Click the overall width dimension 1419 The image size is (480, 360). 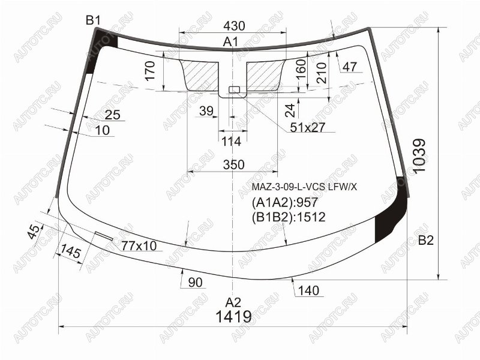click(x=233, y=317)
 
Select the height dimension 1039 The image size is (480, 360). click(x=419, y=156)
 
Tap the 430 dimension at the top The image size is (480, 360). click(x=234, y=26)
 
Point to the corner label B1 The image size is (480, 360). click(x=93, y=20)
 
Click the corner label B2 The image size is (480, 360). click(x=426, y=241)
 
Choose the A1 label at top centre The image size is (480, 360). click(x=230, y=41)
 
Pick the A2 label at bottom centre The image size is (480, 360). click(x=233, y=302)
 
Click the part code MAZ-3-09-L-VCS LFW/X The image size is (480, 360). click(x=304, y=187)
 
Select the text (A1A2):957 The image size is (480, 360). click(x=285, y=202)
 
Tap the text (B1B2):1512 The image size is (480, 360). click(x=289, y=217)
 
